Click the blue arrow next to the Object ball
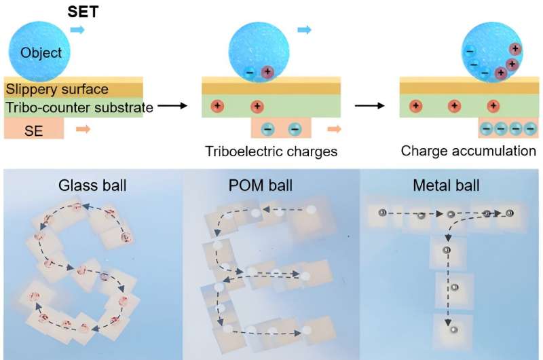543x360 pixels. (78, 31)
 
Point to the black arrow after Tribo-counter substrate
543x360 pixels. (172, 106)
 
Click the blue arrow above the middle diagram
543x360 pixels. (304, 30)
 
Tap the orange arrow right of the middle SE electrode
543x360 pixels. (333, 127)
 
